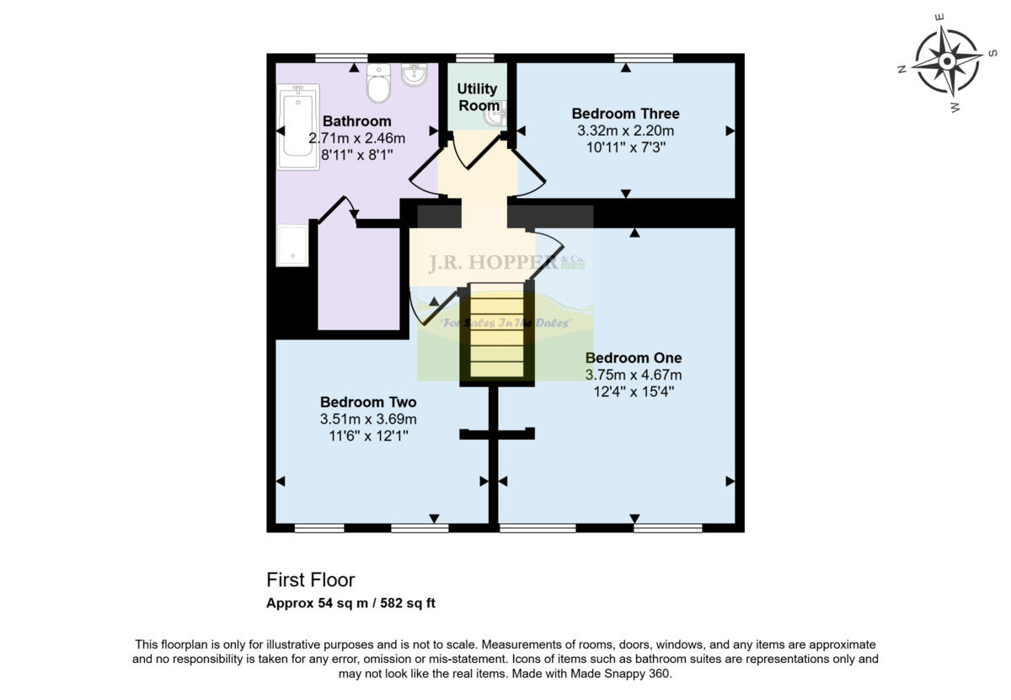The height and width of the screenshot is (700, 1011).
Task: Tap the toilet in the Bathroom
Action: [x=378, y=84]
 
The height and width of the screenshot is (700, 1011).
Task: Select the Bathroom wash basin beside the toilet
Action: [x=414, y=76]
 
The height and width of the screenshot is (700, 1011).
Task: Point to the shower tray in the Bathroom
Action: [x=293, y=245]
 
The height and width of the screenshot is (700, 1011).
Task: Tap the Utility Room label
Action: [x=478, y=97]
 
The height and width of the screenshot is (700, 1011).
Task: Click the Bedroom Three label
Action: [x=625, y=114]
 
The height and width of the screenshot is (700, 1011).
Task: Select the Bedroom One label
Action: [x=634, y=358]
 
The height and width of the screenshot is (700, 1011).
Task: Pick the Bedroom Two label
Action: [x=368, y=402]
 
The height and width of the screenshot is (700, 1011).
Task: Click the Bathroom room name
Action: [x=357, y=121]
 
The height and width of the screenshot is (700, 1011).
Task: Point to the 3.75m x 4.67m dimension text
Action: [x=634, y=375]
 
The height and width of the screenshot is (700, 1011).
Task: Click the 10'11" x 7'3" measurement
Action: [x=625, y=147]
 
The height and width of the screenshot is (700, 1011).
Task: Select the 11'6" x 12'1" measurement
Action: [x=368, y=435]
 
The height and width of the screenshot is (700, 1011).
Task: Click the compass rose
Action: [x=946, y=61]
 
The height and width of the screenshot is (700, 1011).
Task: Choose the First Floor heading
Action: [x=311, y=580]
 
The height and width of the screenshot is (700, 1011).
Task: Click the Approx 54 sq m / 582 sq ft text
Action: [x=350, y=603]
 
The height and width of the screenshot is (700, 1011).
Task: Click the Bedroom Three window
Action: [x=644, y=58]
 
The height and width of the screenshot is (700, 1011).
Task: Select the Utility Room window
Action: [x=474, y=58]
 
